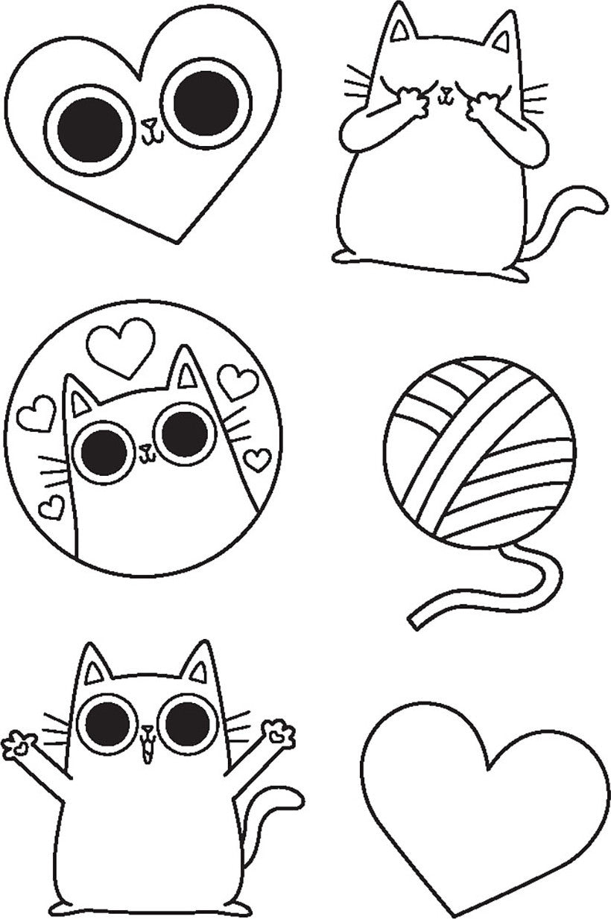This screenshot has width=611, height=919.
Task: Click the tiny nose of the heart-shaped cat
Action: [148, 124]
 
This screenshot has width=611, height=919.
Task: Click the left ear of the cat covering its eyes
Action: [403, 30]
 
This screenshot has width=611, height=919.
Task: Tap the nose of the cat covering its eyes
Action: [446, 93]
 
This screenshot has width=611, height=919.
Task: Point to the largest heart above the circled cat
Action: [121, 345]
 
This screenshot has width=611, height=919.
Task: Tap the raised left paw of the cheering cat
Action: [19, 743]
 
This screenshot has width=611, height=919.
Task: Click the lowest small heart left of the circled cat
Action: [51, 507]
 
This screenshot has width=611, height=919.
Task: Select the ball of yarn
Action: [479, 452]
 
